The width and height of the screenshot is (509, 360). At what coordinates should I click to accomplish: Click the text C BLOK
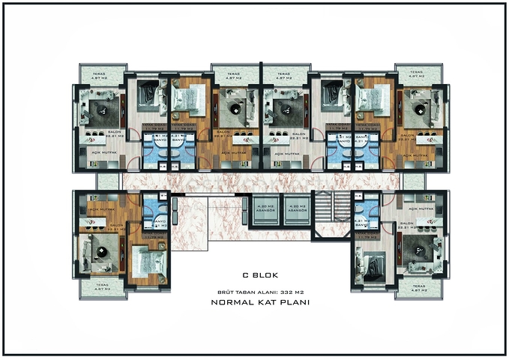tap(255, 274)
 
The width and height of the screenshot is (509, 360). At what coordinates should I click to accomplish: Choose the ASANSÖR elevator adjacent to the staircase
tap(298, 209)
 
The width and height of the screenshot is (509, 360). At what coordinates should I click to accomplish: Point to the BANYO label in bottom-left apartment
tap(158, 222)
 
